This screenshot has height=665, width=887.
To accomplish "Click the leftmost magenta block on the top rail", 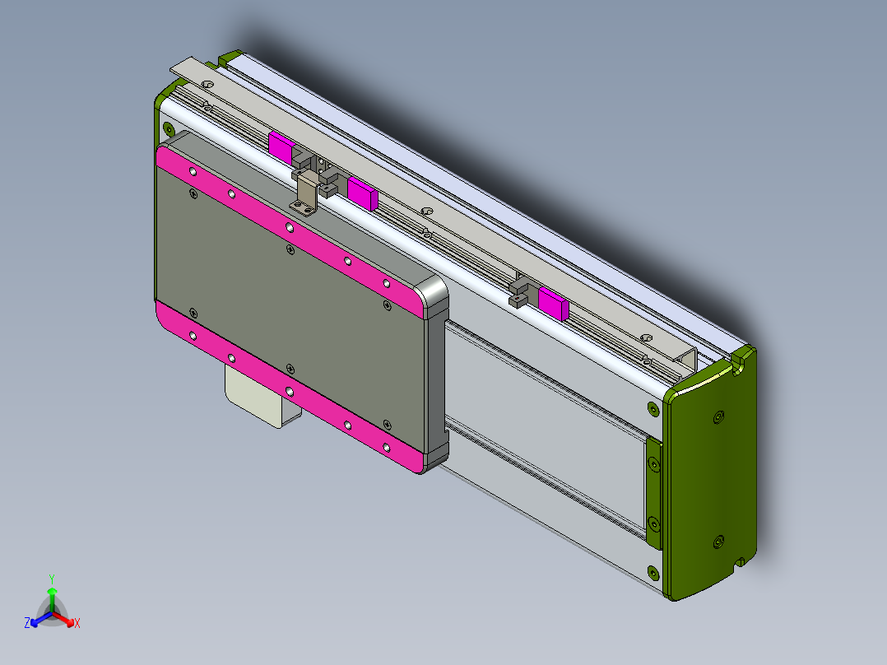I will (x=280, y=146).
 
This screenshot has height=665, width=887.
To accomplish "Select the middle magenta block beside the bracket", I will (x=361, y=193).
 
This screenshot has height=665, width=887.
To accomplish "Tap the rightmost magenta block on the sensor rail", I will (x=552, y=304).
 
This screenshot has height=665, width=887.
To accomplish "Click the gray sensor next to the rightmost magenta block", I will (x=520, y=291).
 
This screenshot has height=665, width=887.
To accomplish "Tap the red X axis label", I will (x=77, y=624).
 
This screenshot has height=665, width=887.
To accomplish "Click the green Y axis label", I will (x=51, y=579).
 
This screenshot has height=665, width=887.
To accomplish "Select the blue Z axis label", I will (x=27, y=624).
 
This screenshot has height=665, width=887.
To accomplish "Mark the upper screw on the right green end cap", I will (x=718, y=418).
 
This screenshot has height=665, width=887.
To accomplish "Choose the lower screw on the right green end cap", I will (x=717, y=542).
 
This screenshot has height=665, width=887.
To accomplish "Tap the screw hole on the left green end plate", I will (x=168, y=128).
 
